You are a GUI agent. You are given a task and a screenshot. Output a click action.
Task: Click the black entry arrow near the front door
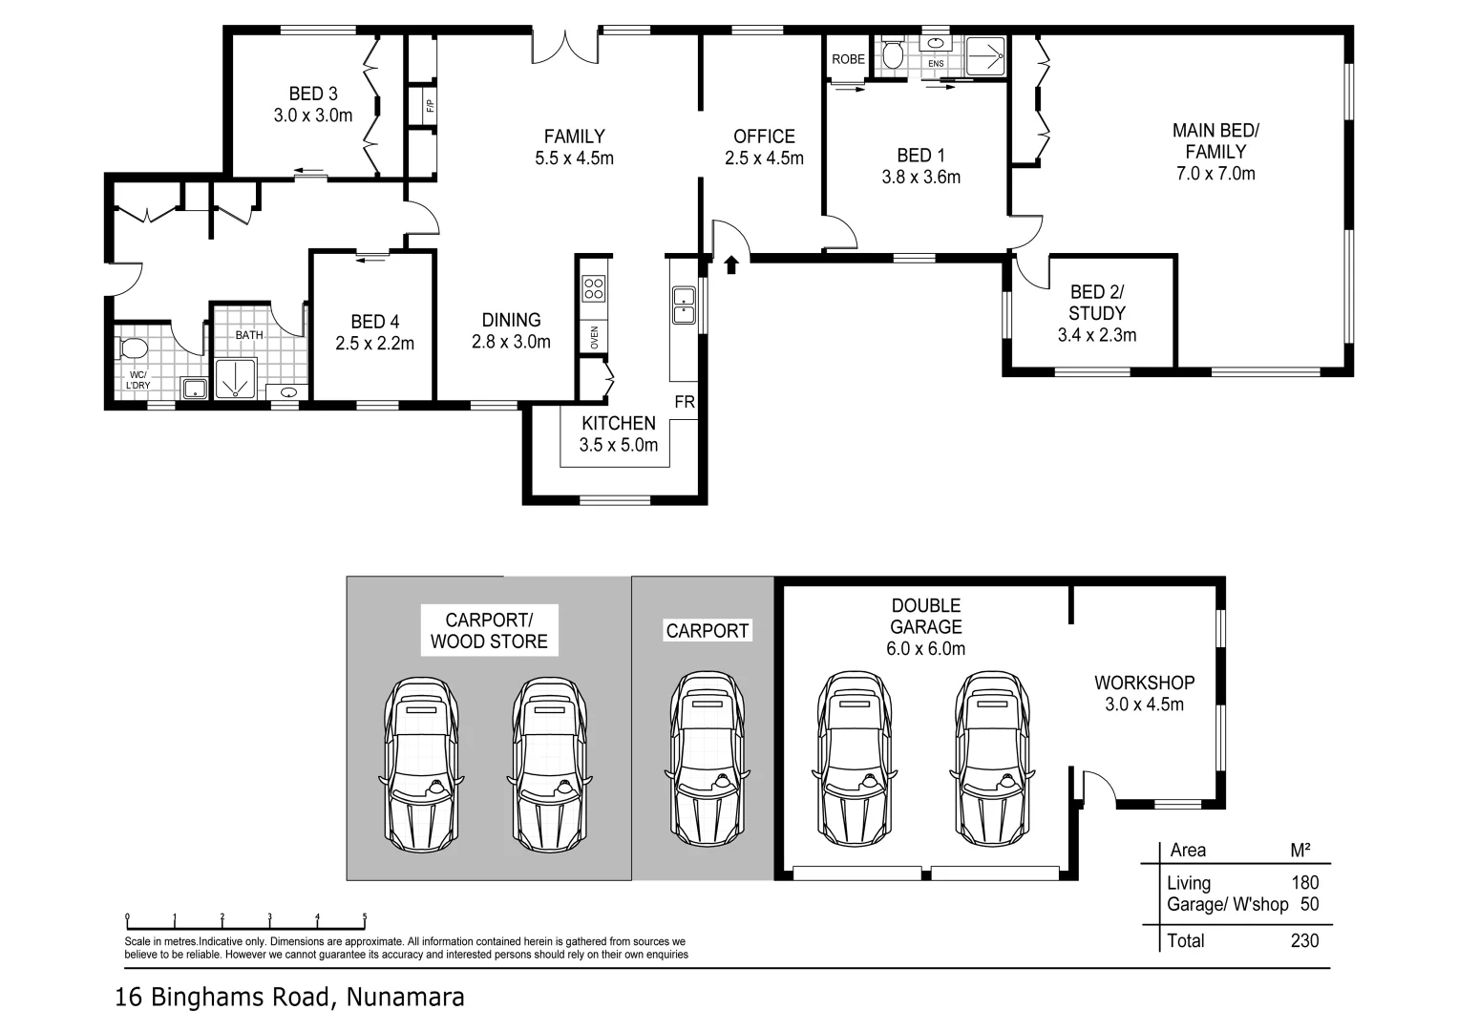(x=731, y=264)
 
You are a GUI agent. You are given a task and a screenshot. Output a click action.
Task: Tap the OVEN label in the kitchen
(x=594, y=337)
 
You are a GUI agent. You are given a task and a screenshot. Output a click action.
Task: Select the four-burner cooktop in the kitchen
(x=594, y=289)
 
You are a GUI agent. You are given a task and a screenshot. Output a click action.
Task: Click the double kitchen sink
(x=684, y=305)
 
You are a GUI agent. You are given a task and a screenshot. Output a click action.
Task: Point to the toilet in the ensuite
(x=892, y=53)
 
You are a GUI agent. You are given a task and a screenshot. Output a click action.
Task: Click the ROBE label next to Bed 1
(x=848, y=59)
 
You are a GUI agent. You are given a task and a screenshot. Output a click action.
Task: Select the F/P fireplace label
(x=430, y=105)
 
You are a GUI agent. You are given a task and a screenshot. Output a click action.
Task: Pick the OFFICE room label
(x=764, y=137)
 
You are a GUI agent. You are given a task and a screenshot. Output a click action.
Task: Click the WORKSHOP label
(x=1144, y=683)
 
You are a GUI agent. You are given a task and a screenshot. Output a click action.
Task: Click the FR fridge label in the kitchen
(x=685, y=402)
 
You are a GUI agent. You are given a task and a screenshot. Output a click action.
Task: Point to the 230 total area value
(x=1304, y=940)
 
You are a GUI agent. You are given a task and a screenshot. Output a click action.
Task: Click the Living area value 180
(x=1305, y=883)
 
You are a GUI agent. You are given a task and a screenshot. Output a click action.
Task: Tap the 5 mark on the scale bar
(x=365, y=916)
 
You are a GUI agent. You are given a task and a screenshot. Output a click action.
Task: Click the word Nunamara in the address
(x=405, y=998)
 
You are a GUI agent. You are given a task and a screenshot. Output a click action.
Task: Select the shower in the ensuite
(x=985, y=56)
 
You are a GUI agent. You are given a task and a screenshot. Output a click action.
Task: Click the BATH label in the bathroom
(x=249, y=335)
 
